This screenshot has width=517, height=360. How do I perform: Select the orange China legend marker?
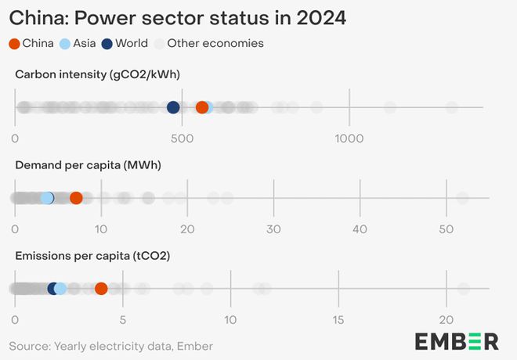click(x=14, y=44)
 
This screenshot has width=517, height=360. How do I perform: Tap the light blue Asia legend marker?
click(x=65, y=44)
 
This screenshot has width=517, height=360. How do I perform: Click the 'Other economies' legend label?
click(x=215, y=44)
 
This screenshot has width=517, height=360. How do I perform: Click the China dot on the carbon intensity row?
click(x=202, y=107)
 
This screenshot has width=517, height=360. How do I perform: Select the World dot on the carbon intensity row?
click(x=173, y=107)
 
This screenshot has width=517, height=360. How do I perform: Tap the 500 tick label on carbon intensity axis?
click(x=182, y=139)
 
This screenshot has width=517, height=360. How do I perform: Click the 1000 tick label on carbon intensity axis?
click(x=349, y=139)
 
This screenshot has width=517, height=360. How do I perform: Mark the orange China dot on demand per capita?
click(x=76, y=198)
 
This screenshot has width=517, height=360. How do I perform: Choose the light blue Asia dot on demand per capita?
click(x=47, y=198)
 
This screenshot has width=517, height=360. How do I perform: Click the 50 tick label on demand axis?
click(x=446, y=229)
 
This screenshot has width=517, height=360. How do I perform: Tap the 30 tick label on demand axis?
click(x=273, y=229)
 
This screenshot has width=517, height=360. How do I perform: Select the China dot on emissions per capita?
click(x=101, y=289)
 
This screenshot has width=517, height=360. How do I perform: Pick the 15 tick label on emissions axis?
click(x=338, y=320)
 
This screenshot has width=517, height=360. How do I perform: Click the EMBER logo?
click(x=457, y=341)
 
